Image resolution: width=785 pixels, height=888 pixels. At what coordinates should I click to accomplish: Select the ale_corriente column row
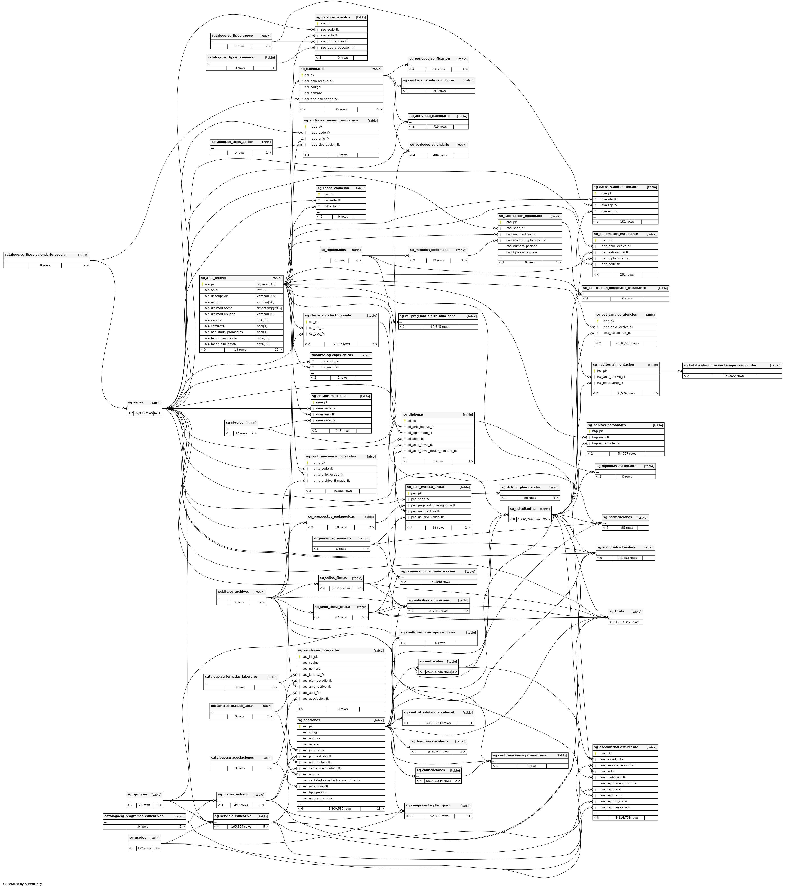[x=215, y=326]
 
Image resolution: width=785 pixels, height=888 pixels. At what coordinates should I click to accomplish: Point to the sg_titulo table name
[x=616, y=611]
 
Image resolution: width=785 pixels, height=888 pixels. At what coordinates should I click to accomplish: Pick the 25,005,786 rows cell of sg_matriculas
[x=438, y=672]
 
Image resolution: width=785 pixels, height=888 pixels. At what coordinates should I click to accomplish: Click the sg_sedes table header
[x=135, y=403]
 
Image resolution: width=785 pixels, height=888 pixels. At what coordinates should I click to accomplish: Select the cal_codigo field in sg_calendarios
[x=312, y=87]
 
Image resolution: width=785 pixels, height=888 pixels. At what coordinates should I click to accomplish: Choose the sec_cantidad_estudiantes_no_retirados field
[x=332, y=780]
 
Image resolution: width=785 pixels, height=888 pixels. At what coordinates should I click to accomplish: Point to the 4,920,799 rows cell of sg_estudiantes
[x=528, y=519]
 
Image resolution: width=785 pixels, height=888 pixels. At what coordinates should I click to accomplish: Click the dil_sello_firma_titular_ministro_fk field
[x=432, y=451]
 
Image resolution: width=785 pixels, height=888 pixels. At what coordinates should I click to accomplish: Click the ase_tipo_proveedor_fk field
[x=337, y=47]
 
